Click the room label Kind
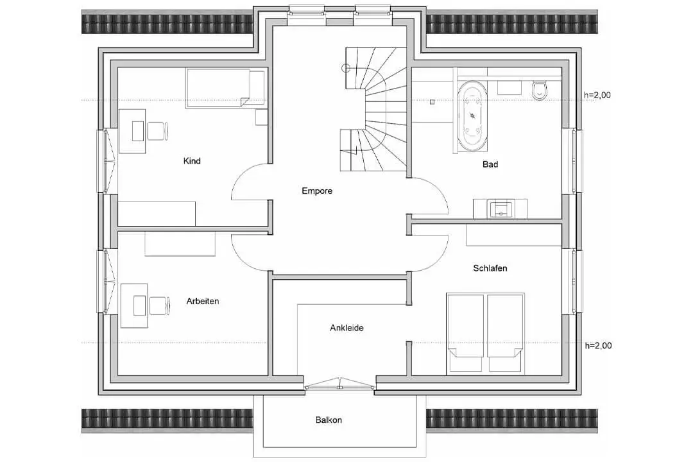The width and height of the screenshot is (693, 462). coord(192,161)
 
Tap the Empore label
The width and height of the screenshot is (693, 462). coord(317,191)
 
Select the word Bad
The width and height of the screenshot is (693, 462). coord(490,164)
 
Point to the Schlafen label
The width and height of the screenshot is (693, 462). coord(490,268)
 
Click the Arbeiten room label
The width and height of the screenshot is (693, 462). coord(202,301)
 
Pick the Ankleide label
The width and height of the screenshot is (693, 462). coord(346,328)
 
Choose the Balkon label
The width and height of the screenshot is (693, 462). coord(329,420)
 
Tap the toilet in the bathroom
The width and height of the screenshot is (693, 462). coord(540,90)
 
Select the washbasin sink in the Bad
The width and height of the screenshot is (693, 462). coord(501,209)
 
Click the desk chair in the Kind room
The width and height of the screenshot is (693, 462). coord(158,132)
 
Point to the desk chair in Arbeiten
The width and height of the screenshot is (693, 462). coord(159,306)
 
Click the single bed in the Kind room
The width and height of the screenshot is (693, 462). coord(225,88)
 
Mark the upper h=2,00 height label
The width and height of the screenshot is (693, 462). coord(597,95)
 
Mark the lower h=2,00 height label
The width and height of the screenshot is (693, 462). coord(598,346)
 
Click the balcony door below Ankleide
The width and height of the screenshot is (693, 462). coord(339,384)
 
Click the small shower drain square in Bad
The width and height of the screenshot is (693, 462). coord(432,102)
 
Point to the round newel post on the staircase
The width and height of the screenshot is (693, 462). coord(346,68)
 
